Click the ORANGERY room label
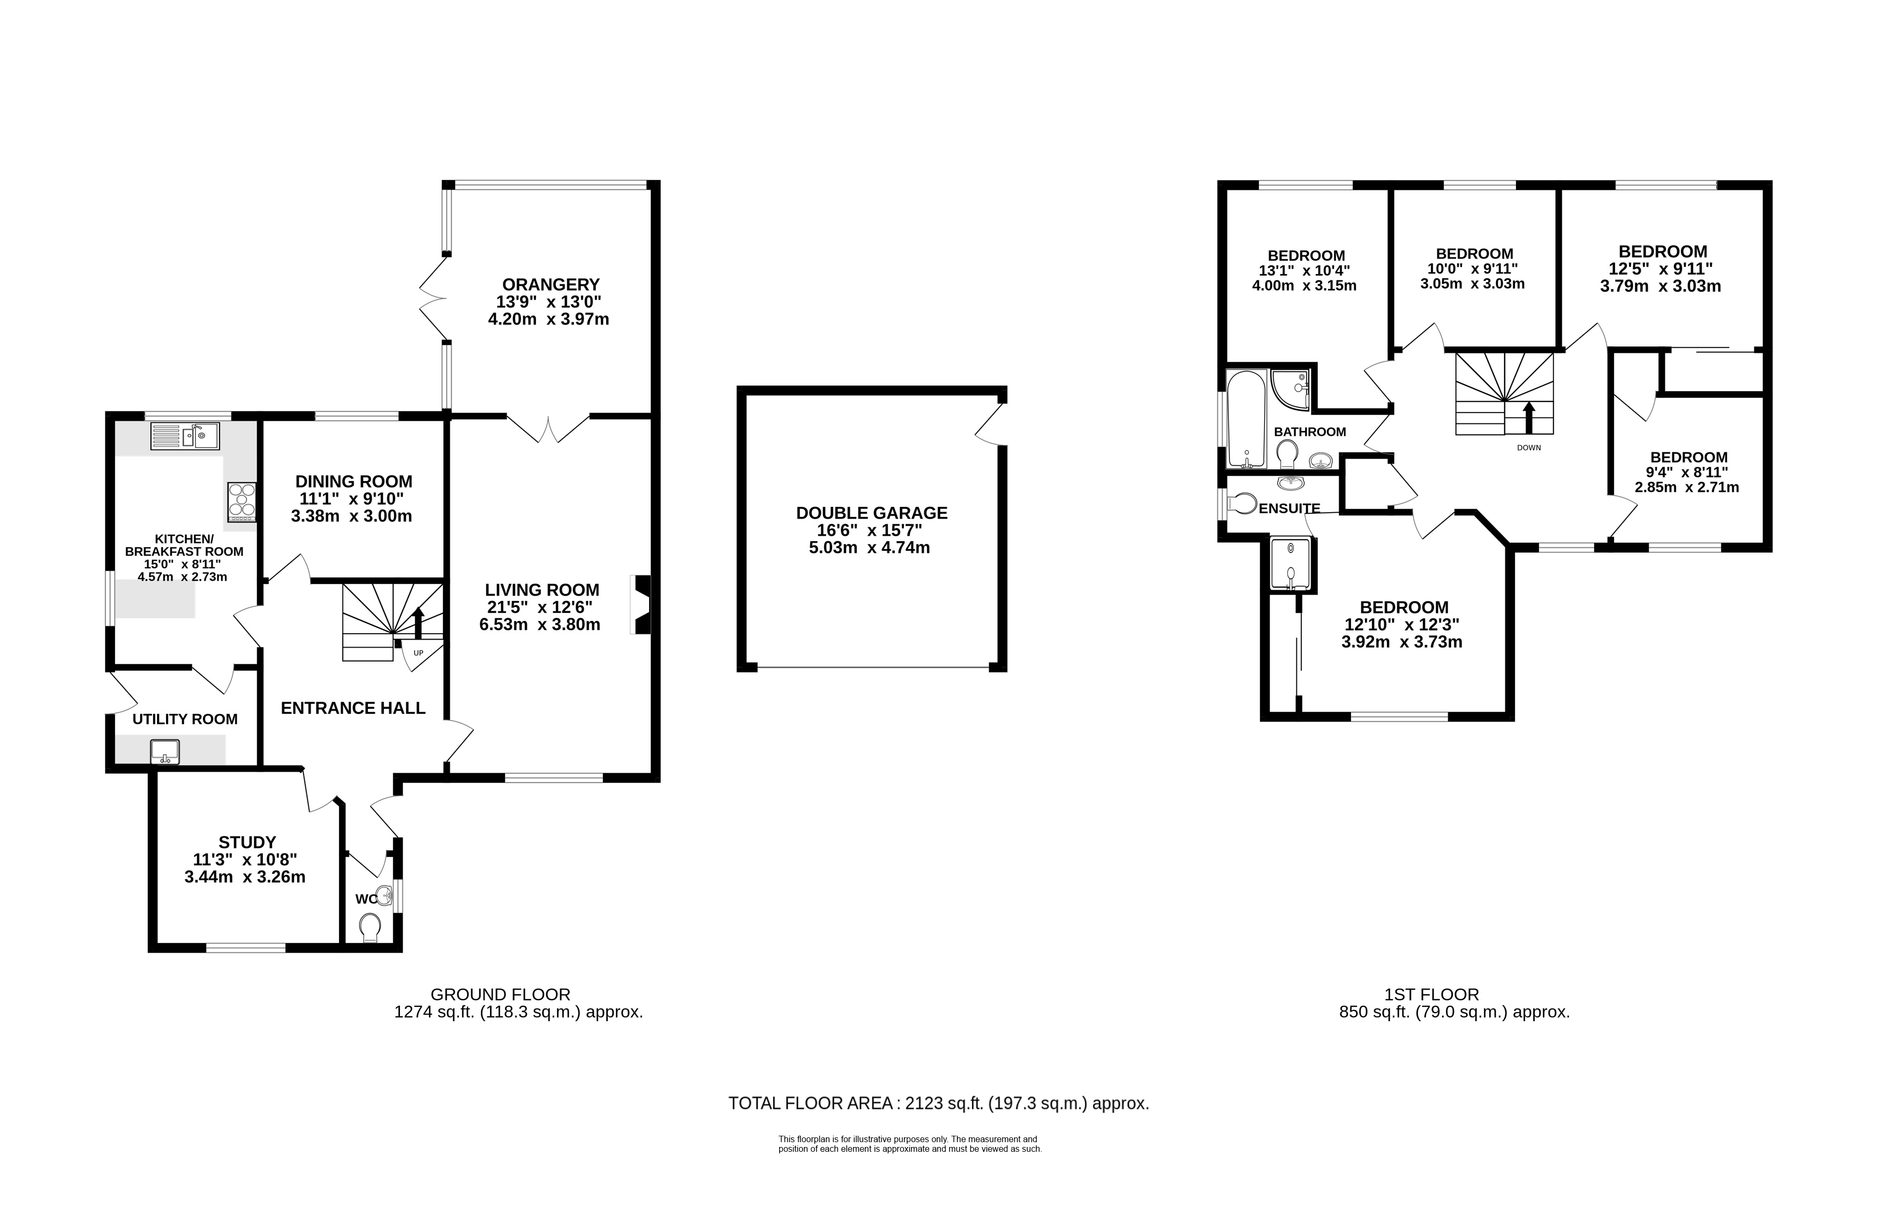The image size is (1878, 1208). (551, 285)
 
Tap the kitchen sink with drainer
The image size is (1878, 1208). (185, 436)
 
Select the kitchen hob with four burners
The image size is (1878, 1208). (242, 502)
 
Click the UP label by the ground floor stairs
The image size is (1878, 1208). (418, 652)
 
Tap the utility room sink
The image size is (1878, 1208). (165, 752)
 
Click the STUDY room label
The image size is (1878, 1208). (247, 842)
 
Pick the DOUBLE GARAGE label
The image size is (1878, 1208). (872, 513)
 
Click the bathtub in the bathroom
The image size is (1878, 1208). (1246, 420)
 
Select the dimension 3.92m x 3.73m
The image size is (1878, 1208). (1401, 642)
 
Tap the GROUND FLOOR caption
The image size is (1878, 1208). (501, 994)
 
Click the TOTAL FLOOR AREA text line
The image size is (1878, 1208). (939, 1104)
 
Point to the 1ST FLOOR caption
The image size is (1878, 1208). (1432, 994)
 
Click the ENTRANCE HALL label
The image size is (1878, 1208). (353, 708)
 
